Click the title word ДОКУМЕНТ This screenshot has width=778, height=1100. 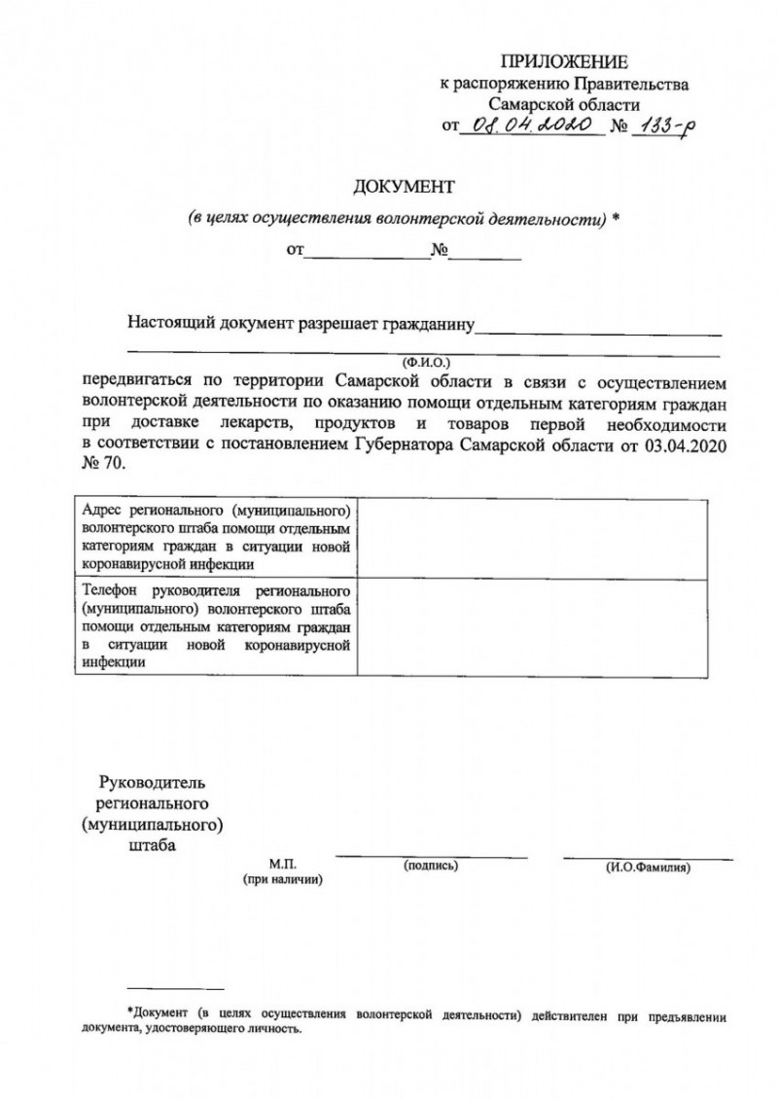point(404,186)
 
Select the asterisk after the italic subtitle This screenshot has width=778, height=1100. point(617,218)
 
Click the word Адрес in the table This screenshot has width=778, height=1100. point(101,511)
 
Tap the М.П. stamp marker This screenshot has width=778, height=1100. point(281,864)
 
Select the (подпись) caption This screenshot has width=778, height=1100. point(431,864)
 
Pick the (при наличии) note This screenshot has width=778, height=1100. point(282,878)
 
